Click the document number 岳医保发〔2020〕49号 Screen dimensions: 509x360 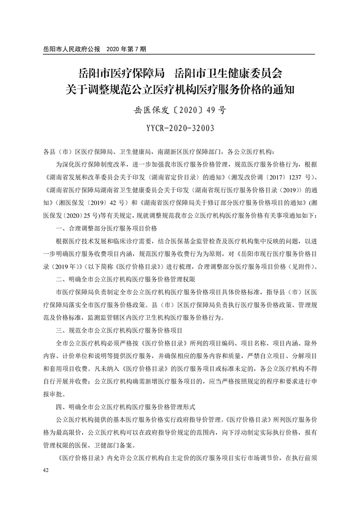[180, 109]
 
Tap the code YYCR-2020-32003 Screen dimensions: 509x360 [180, 128]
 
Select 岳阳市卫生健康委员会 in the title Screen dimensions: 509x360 [236, 73]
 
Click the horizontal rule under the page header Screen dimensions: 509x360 [180, 54]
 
